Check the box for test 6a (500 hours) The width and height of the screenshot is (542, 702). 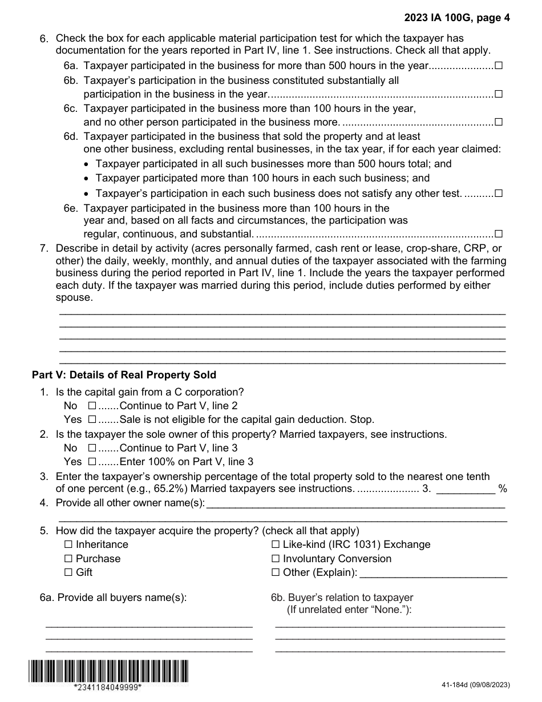click(499, 66)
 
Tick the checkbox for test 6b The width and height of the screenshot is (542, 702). click(499, 94)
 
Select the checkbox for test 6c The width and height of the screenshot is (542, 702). click(499, 122)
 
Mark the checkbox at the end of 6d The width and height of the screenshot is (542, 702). click(499, 193)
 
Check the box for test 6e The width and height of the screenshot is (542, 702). click(499, 233)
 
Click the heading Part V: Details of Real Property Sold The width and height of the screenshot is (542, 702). click(124, 375)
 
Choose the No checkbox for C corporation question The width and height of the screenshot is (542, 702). click(92, 406)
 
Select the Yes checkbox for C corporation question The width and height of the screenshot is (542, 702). click(92, 419)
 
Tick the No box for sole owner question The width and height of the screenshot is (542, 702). click(92, 448)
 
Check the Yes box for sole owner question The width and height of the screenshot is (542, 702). click(92, 462)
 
